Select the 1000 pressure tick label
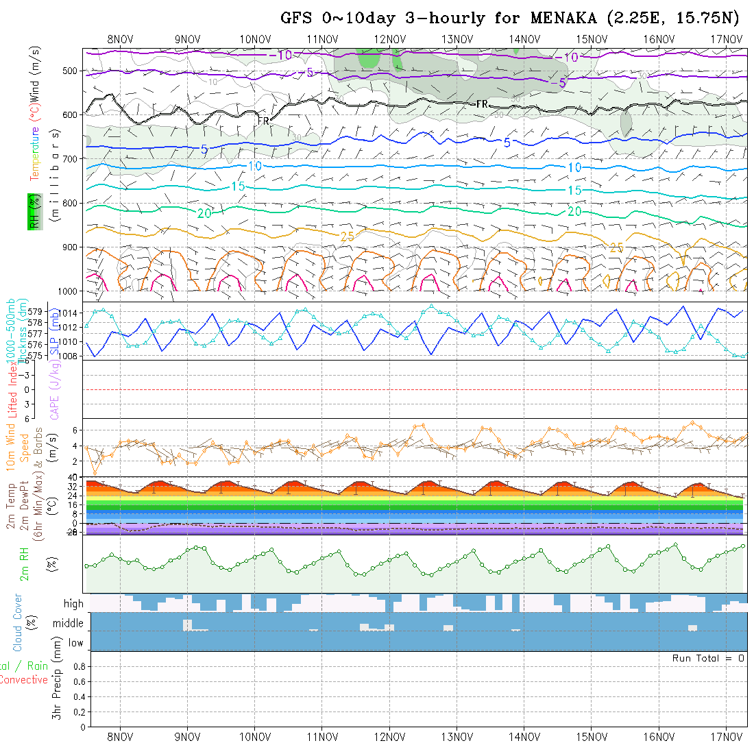pos(68,291)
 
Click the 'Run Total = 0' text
pos(708,658)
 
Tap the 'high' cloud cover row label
pos(73,604)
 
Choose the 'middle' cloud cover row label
pos(68,623)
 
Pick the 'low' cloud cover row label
pos(75,643)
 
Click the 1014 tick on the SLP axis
pos(71,313)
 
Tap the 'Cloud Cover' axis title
pos(17,622)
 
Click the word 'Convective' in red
pos(23,680)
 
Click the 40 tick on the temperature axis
pos(77,477)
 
